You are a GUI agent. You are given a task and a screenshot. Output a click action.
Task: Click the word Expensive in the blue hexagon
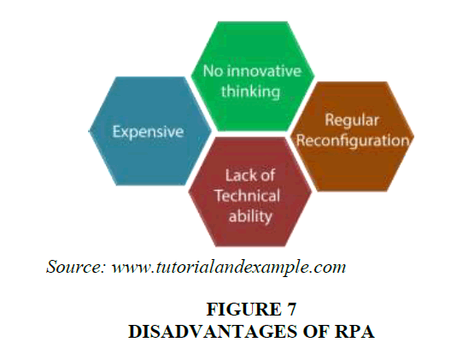pos(148,132)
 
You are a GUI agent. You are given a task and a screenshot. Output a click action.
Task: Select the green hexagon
pos(253,76)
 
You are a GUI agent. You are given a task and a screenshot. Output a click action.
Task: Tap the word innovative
pos(264,71)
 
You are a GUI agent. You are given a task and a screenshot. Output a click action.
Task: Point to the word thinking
pos(250,91)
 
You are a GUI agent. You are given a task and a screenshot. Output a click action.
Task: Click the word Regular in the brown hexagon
pos(352,121)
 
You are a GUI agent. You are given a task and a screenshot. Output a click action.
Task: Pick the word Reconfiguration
pos(353,140)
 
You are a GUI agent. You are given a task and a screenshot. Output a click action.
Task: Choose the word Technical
pos(248,196)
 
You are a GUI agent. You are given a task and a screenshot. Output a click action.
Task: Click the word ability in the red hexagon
pos(250,215)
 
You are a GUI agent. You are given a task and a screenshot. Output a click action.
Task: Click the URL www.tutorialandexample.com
pos(229,268)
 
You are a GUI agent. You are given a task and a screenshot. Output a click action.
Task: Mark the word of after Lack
pos(265,175)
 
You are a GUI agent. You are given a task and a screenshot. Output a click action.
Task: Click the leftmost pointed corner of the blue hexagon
pos(89,131)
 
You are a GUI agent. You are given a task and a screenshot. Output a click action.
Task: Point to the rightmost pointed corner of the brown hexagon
pos(414,136)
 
